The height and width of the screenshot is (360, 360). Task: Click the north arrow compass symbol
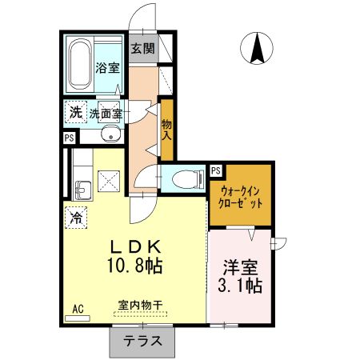(258, 49)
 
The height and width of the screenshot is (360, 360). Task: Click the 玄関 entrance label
(142, 49)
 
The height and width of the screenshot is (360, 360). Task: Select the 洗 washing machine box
(75, 113)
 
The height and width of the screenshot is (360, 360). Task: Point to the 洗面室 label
(106, 114)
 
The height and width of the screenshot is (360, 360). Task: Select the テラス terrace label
(142, 341)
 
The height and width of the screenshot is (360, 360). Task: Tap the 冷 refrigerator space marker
(77, 216)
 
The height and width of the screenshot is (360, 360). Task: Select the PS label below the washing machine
(69, 138)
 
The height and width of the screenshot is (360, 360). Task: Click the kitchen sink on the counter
(82, 190)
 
